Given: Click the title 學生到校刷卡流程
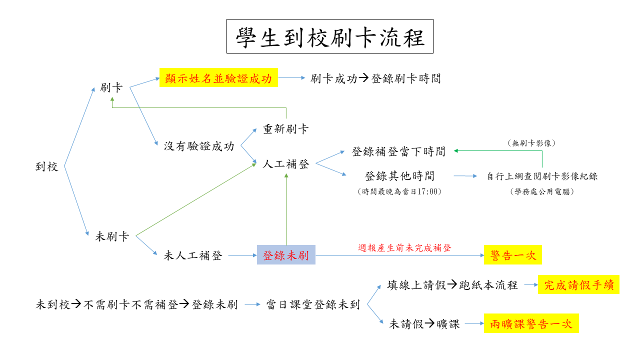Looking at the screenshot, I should (329, 36).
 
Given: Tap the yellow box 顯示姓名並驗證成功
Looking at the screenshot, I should (218, 78).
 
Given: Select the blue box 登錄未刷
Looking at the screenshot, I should (286, 255).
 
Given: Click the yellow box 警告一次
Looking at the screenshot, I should (513, 255).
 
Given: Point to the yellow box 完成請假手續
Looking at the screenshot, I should (578, 285).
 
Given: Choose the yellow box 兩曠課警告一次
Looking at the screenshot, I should (531, 323).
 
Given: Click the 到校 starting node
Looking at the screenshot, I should (47, 166).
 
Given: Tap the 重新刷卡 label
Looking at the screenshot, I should (286, 129).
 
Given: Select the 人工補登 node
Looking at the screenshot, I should (286, 164).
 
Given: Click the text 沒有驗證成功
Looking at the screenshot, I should (199, 146).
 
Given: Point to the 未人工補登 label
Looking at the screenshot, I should (193, 255).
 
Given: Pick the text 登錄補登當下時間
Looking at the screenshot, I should (398, 151).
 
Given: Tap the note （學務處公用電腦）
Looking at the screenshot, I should (541, 191).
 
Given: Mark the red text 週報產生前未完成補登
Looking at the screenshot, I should (405, 247).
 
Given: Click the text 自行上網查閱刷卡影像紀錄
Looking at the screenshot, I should (542, 176).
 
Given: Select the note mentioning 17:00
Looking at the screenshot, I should (399, 191).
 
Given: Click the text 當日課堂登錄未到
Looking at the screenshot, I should (313, 304).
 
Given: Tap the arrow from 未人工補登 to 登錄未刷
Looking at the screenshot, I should (242, 255).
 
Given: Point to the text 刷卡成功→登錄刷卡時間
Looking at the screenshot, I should (375, 78).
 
